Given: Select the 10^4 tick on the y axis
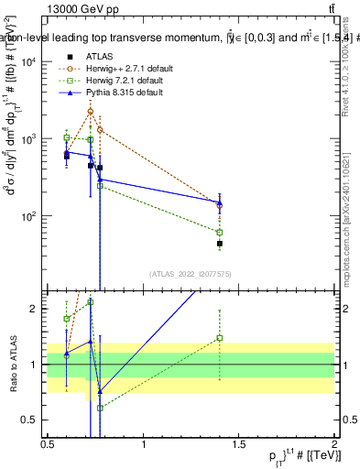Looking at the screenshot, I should pos(28,61).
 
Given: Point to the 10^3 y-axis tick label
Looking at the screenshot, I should pos(28,139).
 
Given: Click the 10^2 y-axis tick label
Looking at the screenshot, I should pos(28,217).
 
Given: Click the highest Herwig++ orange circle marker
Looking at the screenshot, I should pos(90,112).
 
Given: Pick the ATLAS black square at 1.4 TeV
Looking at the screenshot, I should pos(220,244).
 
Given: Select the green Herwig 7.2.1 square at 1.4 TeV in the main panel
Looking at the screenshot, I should pos(220,233).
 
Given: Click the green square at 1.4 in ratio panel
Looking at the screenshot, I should pos(220,338).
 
